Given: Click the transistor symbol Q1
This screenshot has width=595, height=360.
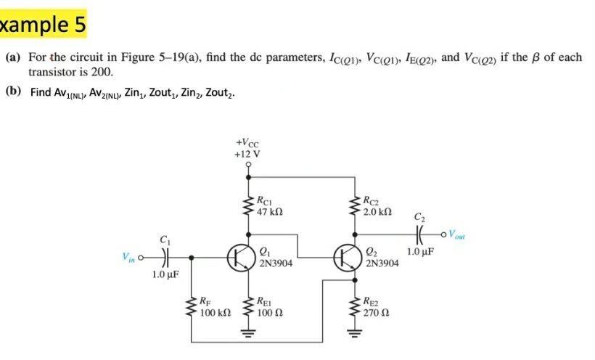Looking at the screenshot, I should pos(239,258).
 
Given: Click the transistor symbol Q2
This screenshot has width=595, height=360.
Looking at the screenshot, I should pos(345,258).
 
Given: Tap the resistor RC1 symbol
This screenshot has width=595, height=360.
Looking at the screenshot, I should pos(248,205).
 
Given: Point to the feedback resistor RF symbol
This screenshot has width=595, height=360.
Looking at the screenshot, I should pos(192,308).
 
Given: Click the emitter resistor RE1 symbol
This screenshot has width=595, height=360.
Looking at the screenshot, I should pos(248,308).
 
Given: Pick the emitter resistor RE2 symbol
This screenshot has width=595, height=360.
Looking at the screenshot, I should pos(355,308).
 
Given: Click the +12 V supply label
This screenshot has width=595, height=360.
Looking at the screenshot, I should pos(248,154).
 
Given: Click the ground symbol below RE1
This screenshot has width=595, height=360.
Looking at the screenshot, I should pos(248,335).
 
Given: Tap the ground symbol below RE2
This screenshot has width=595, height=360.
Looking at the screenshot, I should pos(355,335).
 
